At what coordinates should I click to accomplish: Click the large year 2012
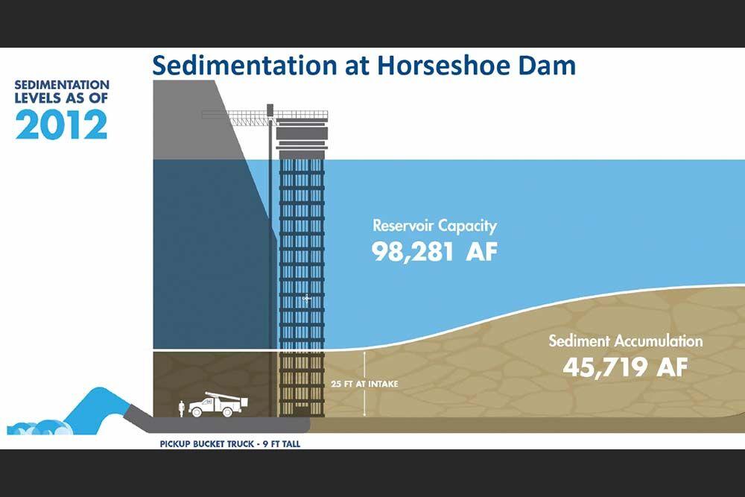(61, 124)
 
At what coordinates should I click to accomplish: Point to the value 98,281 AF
(435, 251)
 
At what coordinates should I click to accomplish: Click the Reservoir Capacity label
(434, 225)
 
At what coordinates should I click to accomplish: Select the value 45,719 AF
(625, 367)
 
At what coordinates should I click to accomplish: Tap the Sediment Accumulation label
(625, 341)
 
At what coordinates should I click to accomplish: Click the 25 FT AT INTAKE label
(364, 384)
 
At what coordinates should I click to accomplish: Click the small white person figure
(180, 408)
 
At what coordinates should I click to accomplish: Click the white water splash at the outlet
(37, 427)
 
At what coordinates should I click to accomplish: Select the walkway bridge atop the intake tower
(264, 116)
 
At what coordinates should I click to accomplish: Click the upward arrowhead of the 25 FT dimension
(364, 355)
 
